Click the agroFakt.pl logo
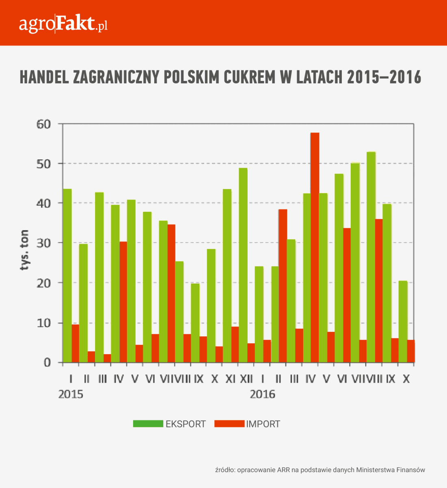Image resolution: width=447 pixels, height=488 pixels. click(63, 24)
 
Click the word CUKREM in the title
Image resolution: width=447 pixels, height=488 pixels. click(250, 77)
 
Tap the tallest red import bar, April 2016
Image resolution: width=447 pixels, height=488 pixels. click(315, 248)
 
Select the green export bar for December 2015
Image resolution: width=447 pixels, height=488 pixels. click(243, 265)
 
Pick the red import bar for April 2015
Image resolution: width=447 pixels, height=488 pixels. click(123, 302)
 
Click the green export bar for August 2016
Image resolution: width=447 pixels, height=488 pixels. click(371, 257)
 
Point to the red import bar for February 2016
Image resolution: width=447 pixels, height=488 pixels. click(283, 286)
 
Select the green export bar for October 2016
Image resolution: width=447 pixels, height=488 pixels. click(403, 322)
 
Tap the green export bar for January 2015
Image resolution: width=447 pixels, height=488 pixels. click(67, 276)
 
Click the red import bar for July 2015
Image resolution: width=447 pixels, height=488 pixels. click(171, 294)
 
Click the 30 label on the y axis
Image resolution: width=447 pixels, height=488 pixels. click(44, 243)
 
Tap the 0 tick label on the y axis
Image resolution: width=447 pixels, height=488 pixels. click(48, 363)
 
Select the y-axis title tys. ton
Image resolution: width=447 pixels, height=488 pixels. click(24, 250)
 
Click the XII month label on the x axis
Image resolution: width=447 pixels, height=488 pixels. click(246, 379)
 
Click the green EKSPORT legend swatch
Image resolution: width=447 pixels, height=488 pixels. click(148, 423)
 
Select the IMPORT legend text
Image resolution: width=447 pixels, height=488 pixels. click(263, 424)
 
